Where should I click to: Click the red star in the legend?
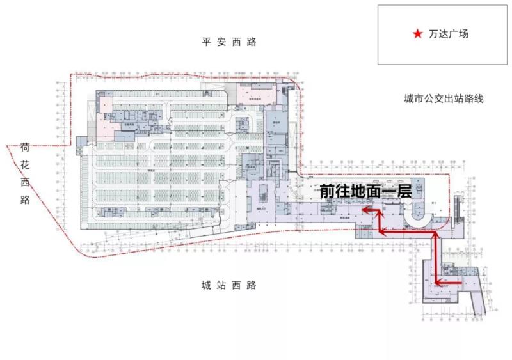click(x=417, y=35)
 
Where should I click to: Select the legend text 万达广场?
click(x=449, y=35)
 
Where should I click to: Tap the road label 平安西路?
click(x=228, y=42)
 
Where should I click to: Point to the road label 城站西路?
click(x=228, y=285)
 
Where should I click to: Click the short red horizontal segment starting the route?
click(x=448, y=282)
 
